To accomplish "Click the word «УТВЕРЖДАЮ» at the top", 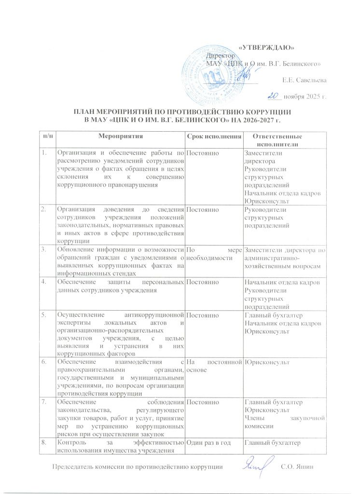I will tap(267, 47).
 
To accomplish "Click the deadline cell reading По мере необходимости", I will tap(213, 254).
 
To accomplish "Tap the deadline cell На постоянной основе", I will tap(213, 365).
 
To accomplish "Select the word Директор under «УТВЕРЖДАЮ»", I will tap(219, 56).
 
